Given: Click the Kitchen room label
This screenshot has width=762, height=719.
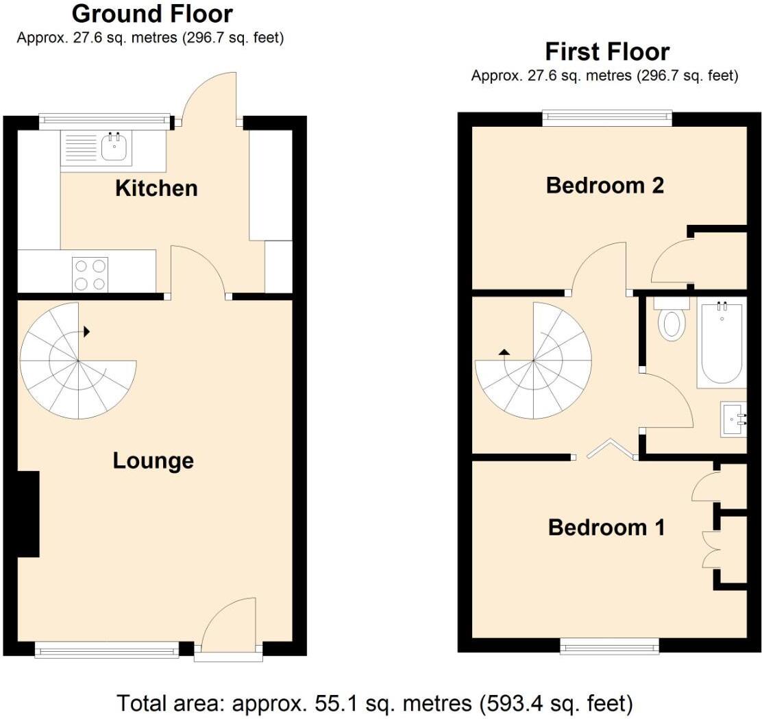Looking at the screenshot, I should [x=156, y=188].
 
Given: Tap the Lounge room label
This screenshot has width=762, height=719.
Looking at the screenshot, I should [x=153, y=461].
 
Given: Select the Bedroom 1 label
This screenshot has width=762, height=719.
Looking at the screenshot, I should [x=606, y=528].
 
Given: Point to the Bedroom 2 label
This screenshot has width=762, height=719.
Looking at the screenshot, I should [x=605, y=186].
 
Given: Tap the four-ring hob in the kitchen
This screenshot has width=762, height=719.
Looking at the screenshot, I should [x=90, y=274].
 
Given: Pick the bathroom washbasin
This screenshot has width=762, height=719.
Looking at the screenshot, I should [x=734, y=419].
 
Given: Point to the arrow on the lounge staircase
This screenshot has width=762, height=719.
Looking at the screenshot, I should [x=87, y=332].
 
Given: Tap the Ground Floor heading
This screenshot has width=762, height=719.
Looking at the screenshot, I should [x=152, y=14].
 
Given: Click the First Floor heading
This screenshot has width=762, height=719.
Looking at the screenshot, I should [x=606, y=51].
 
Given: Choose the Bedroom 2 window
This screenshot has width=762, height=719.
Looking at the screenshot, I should [x=607, y=119].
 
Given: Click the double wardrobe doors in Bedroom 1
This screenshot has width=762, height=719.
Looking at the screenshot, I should [x=709, y=548].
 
